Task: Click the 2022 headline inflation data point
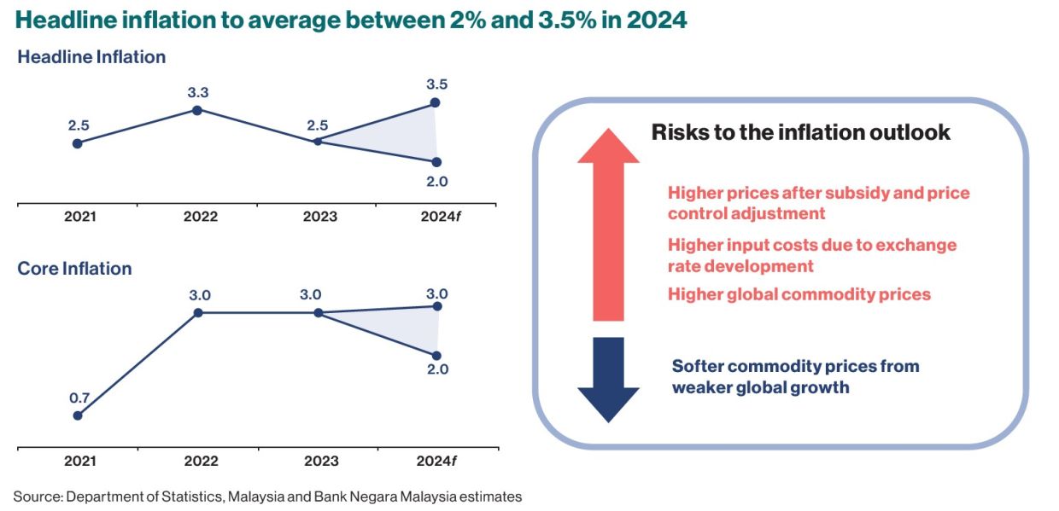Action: click(197, 110)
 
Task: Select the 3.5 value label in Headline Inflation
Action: click(436, 84)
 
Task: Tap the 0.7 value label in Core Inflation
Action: click(79, 397)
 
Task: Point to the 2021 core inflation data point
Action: click(78, 415)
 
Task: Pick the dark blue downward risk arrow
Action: click(608, 380)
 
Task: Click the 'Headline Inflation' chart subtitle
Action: click(91, 57)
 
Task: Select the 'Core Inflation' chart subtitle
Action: click(74, 269)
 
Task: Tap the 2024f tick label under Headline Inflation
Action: click(440, 217)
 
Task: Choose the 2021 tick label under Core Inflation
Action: click(80, 462)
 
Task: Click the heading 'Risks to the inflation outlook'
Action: click(800, 132)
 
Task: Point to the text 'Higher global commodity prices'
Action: click(799, 294)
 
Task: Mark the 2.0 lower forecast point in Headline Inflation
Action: click(436, 162)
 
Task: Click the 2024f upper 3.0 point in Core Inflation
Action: click(436, 305)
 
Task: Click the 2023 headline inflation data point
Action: click(318, 141)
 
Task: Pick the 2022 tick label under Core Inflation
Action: click(201, 462)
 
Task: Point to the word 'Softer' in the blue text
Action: click(698, 366)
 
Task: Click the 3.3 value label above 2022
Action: click(198, 92)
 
